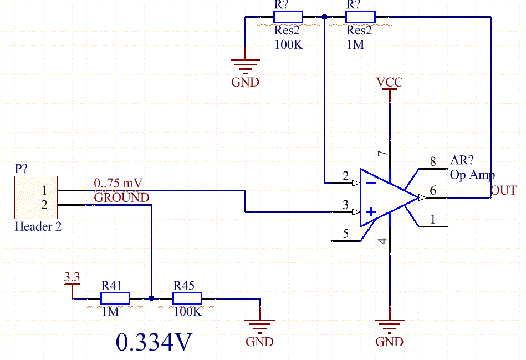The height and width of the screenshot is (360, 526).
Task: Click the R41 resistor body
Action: coord(115,298)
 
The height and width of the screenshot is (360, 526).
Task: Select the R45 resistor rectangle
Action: coord(187,298)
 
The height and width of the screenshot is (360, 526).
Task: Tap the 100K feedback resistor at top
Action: coord(288,17)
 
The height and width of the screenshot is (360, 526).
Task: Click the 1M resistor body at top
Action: coord(360,17)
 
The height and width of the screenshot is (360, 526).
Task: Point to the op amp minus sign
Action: coord(371,183)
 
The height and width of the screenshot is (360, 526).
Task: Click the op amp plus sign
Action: coord(371,212)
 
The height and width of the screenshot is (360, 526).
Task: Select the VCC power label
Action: coord(390,82)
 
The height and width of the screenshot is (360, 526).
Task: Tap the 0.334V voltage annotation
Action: coord(154,342)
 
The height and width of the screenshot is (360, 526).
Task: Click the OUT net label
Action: coord(503,190)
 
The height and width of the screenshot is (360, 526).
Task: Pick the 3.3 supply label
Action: coord(72,277)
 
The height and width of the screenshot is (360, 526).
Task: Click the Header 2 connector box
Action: coord(36,197)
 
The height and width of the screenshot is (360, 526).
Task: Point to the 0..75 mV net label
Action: coord(118,183)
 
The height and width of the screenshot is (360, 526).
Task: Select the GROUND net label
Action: coord(122,197)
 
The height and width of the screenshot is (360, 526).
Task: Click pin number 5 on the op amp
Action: coord(345,234)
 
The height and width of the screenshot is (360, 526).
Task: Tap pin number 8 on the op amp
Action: coord(433,161)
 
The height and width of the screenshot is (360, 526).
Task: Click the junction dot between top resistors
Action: coord(324,17)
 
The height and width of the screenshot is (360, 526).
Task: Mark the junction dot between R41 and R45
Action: coord(151,298)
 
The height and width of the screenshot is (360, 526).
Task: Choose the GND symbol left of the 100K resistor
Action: coord(245,67)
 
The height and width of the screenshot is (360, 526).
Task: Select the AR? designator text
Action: coord(462,160)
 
